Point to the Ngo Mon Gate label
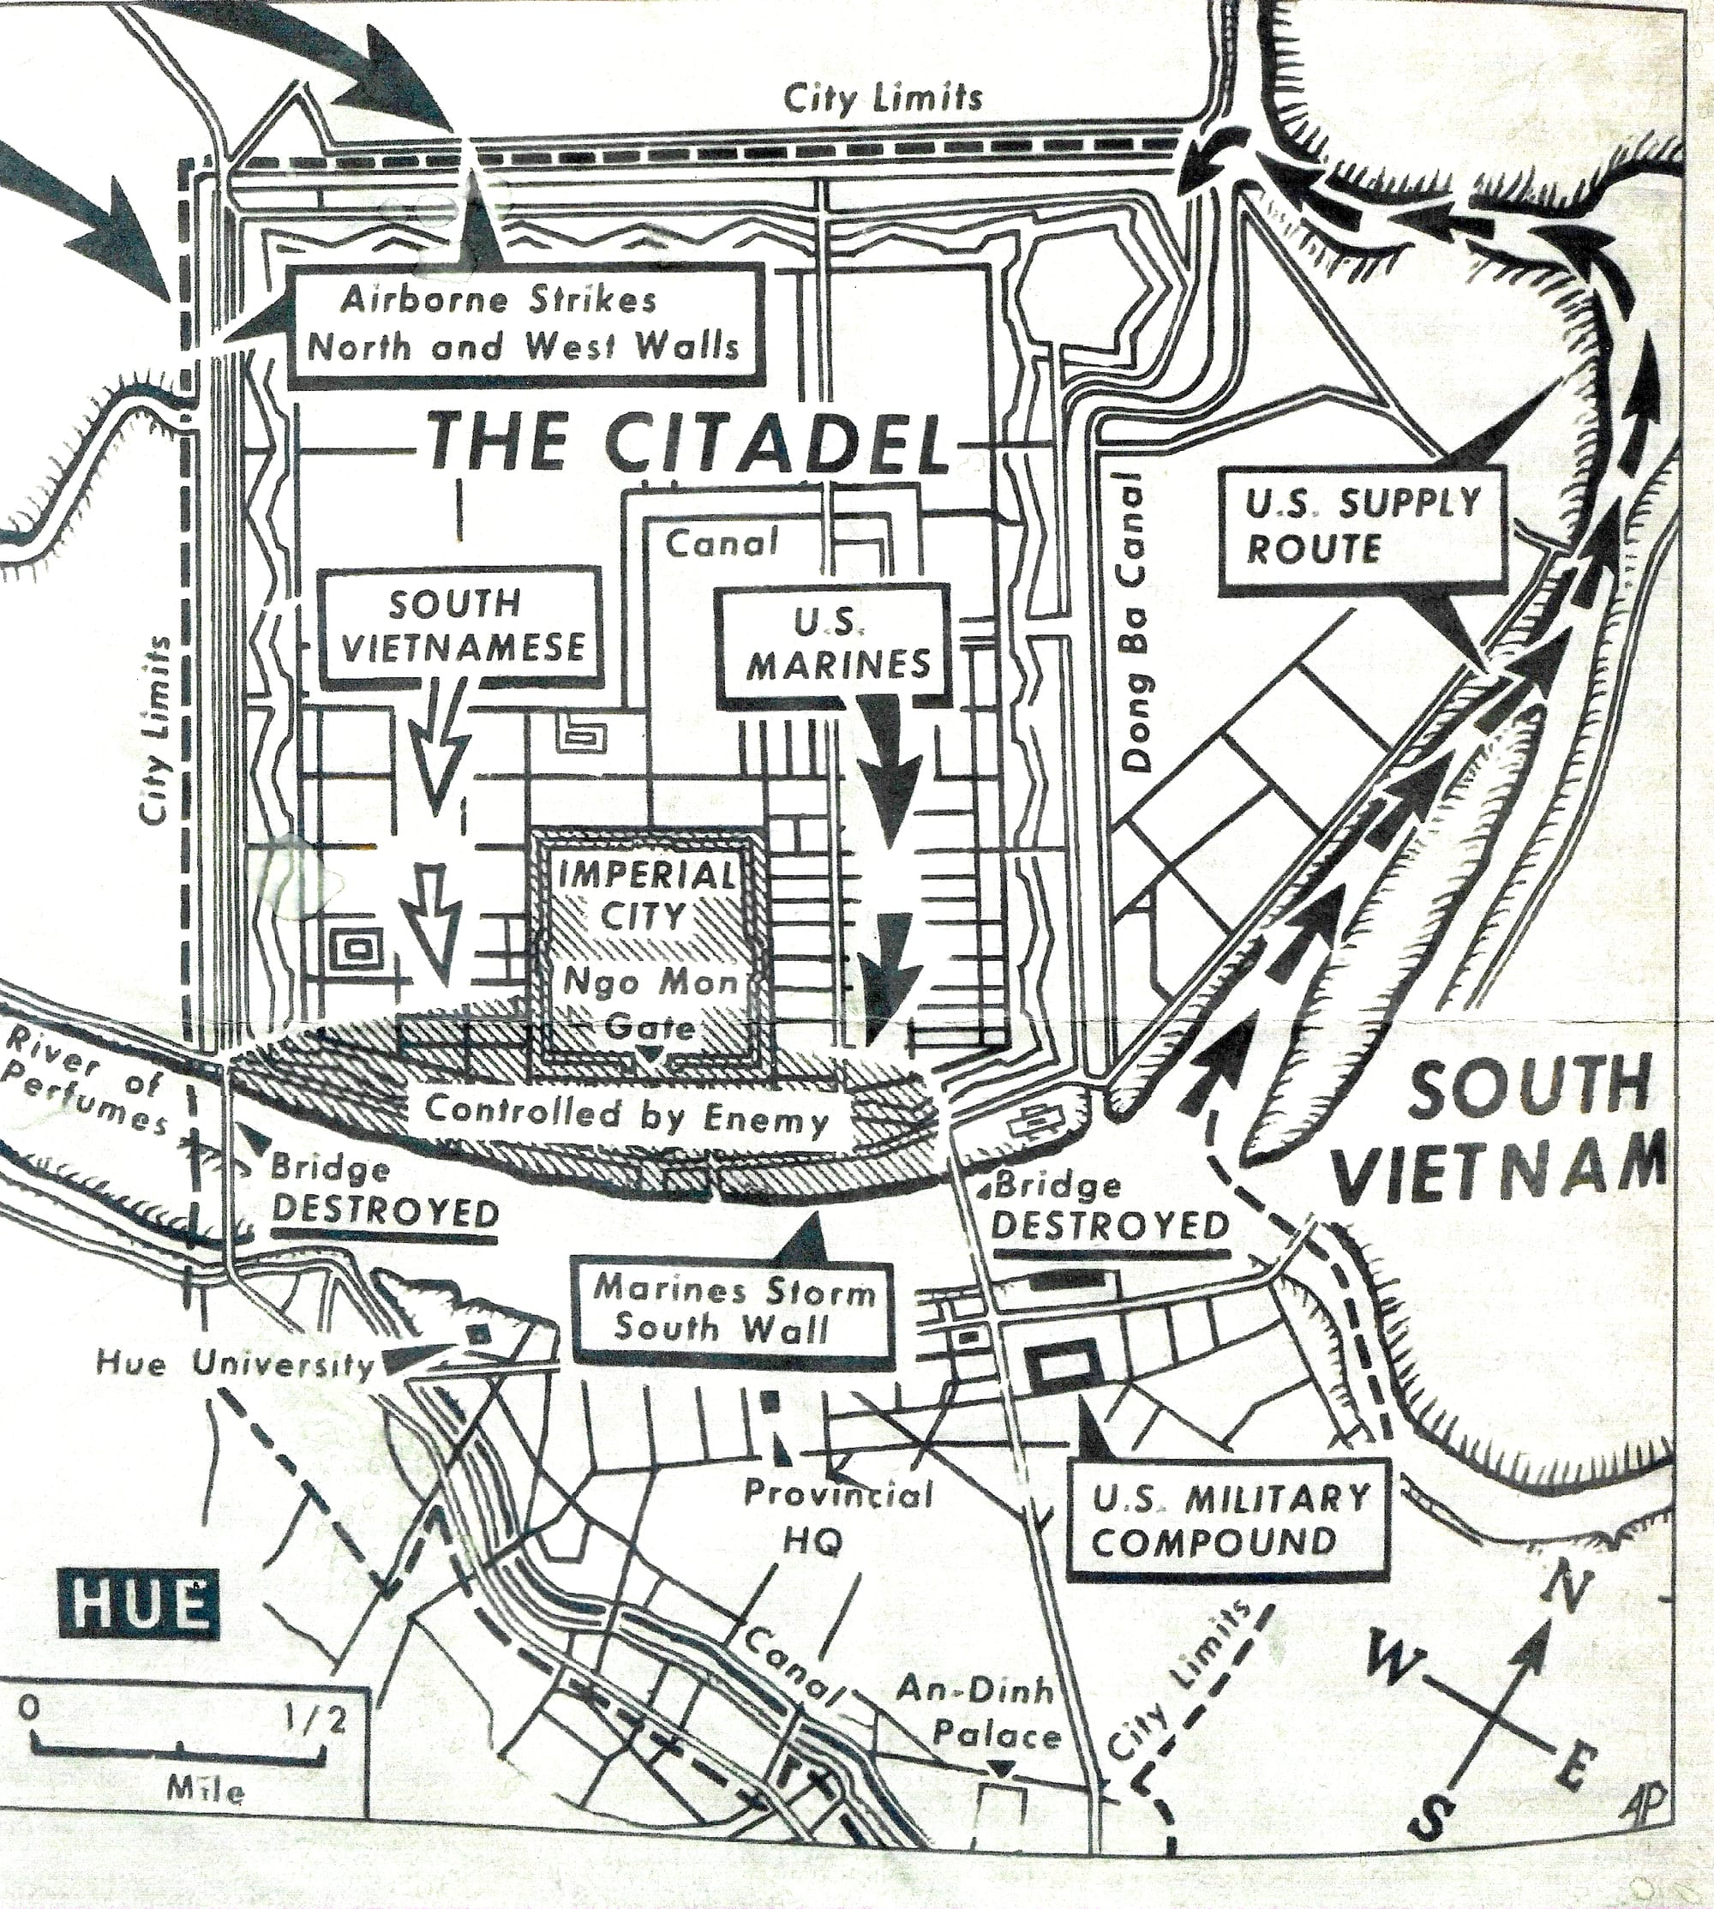(x=650, y=1001)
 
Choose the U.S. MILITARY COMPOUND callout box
(x=1231, y=1519)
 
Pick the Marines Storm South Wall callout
(x=734, y=1310)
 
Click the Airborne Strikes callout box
(x=524, y=323)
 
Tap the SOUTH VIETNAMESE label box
(x=460, y=623)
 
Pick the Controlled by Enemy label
(x=626, y=1116)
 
